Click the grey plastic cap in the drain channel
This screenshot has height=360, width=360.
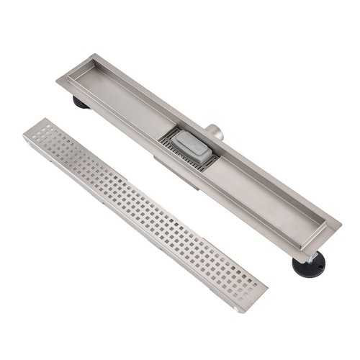pyautogui.click(x=194, y=148)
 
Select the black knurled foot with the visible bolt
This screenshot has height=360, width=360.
pyautogui.click(x=308, y=264)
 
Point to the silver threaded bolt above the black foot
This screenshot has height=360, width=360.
pyautogui.click(x=313, y=253)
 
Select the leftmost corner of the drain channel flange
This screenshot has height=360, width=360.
pyautogui.click(x=57, y=78)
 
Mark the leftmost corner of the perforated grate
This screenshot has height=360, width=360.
pyautogui.click(x=23, y=132)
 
